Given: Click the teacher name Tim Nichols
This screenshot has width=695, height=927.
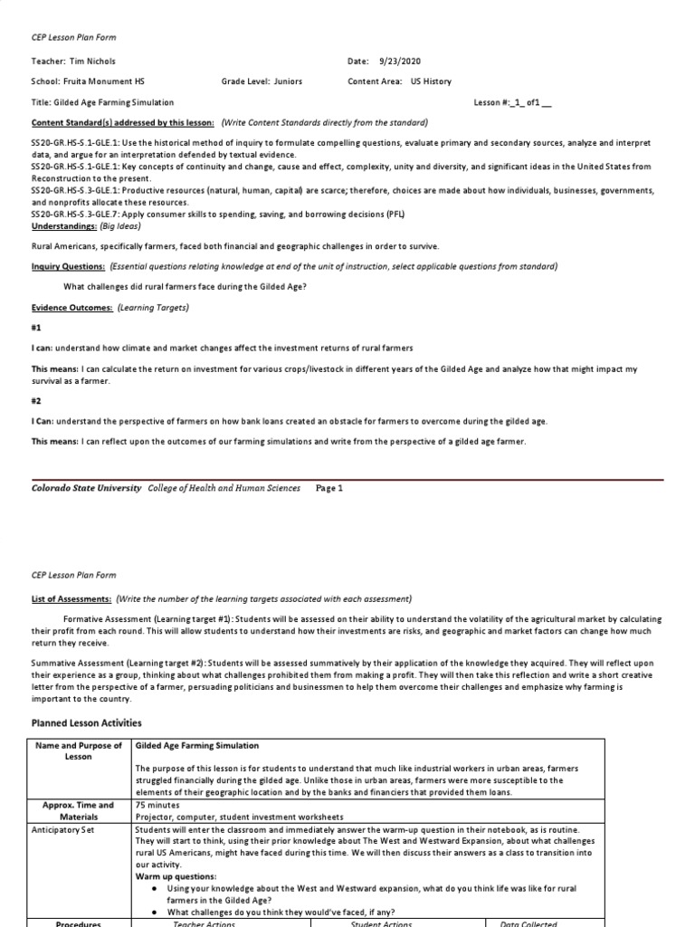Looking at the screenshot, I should tap(93, 61).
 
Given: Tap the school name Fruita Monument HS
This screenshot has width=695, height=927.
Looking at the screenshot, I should tap(106, 81).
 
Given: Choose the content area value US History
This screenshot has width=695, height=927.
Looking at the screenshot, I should tap(437, 81).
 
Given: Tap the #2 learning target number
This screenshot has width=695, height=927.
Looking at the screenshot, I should tap(37, 401).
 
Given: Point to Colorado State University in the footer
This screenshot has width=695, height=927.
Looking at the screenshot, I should tap(87, 488).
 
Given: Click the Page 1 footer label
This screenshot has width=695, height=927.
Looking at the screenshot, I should tap(329, 488).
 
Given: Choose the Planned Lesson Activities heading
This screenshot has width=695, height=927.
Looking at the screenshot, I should tap(86, 723).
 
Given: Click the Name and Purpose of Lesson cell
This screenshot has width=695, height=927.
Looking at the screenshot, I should tap(79, 750).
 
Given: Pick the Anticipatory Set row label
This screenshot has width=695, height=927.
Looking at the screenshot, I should tap(79, 828).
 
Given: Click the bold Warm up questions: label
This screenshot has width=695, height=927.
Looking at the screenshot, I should tap(176, 876).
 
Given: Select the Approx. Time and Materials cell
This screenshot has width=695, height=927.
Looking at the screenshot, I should tap(79, 810).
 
